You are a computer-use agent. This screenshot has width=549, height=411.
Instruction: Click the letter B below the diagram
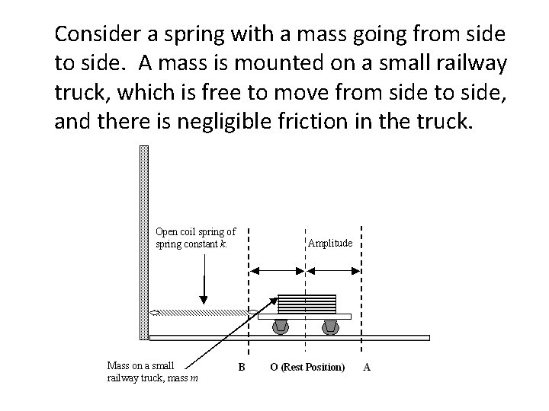pyautogui.click(x=241, y=367)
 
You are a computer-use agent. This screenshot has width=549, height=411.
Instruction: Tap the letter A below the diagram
pyautogui.click(x=367, y=367)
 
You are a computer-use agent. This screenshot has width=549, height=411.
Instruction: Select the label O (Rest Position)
pyautogui.click(x=307, y=367)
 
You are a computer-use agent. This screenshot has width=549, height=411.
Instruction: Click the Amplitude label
pyautogui.click(x=329, y=244)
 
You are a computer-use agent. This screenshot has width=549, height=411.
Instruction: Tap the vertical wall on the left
pyautogui.click(x=143, y=244)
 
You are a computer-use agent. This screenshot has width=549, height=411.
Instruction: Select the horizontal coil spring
pyautogui.click(x=203, y=312)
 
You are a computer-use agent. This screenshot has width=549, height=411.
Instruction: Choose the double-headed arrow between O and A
pyautogui.click(x=333, y=270)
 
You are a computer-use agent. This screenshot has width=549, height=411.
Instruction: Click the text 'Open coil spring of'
pyautogui.click(x=195, y=231)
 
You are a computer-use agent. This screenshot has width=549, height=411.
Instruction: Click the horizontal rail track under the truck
pyautogui.click(x=290, y=337)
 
